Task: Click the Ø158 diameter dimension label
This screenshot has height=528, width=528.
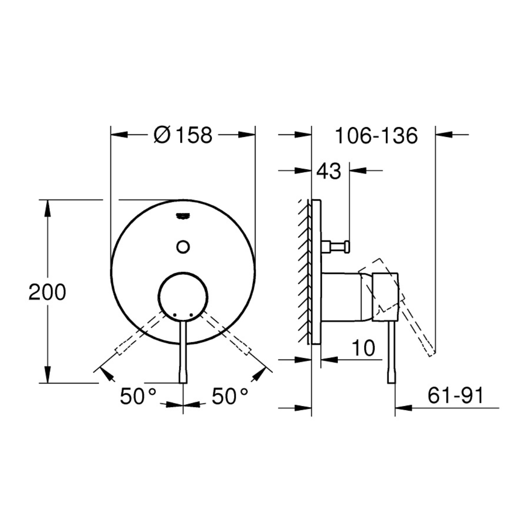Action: tap(183, 135)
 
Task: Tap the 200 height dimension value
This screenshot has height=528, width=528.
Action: tap(47, 292)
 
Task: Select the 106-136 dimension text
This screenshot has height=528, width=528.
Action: tap(376, 136)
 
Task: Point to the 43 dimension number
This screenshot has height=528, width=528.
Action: tap(329, 171)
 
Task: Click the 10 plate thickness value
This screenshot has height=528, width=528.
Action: tap(363, 348)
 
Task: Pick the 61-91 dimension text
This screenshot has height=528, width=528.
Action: tap(455, 396)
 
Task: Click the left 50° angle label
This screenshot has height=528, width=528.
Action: tap(138, 396)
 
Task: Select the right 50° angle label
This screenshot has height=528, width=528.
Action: tap(230, 396)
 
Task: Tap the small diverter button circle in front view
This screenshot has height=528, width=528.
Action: tap(183, 247)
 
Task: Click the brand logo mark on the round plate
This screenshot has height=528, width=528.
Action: tap(183, 216)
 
